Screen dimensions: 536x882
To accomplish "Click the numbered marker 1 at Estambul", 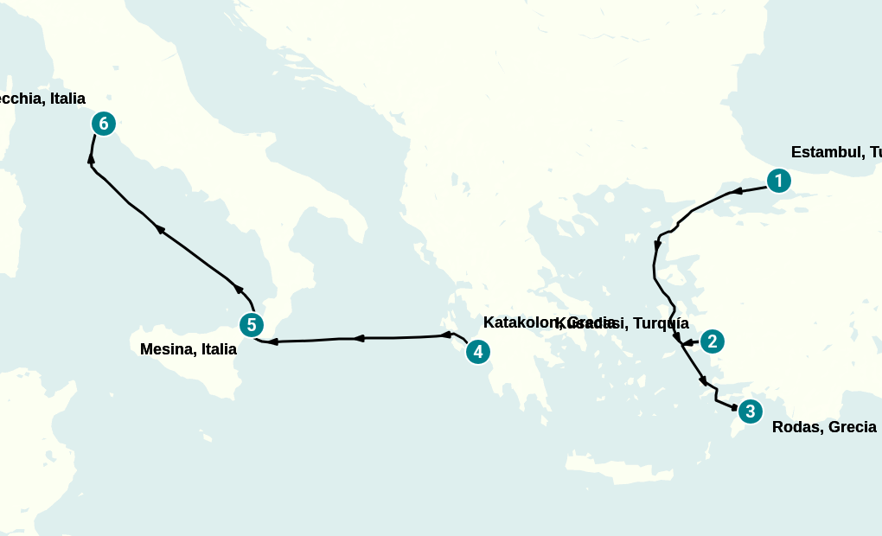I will pyautogui.click(x=778, y=181).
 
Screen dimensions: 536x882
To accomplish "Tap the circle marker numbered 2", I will pyautogui.click(x=712, y=341).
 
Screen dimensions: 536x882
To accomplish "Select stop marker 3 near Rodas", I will pyautogui.click(x=750, y=412).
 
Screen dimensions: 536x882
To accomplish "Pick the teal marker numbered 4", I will pyautogui.click(x=477, y=352).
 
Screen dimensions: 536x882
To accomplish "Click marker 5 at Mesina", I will pyautogui.click(x=251, y=325).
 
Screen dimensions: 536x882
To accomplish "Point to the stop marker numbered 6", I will pyautogui.click(x=104, y=124).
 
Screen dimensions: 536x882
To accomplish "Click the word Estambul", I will pyautogui.click(x=825, y=153).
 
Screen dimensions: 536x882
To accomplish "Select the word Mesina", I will pyautogui.click(x=167, y=349).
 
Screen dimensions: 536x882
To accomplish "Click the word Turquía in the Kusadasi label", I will pyautogui.click(x=661, y=323).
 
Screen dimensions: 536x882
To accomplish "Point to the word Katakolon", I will pyautogui.click(x=517, y=322).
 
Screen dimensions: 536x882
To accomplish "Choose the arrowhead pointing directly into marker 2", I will pyautogui.click(x=688, y=343).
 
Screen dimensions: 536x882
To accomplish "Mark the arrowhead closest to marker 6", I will pyautogui.click(x=91, y=158).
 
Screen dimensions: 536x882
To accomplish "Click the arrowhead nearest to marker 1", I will pyautogui.click(x=737, y=191).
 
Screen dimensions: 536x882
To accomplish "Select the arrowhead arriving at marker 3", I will pyautogui.click(x=734, y=407).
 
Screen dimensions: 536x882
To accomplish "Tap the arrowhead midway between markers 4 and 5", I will pyautogui.click(x=358, y=338).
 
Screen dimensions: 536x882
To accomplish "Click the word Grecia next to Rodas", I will pyautogui.click(x=853, y=427).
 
